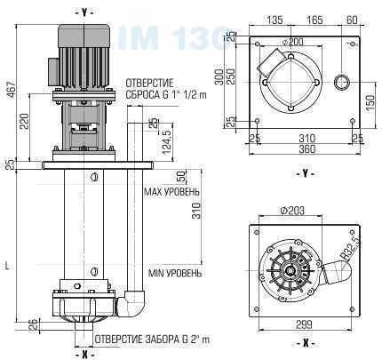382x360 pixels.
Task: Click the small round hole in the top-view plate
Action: coord(343,83)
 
